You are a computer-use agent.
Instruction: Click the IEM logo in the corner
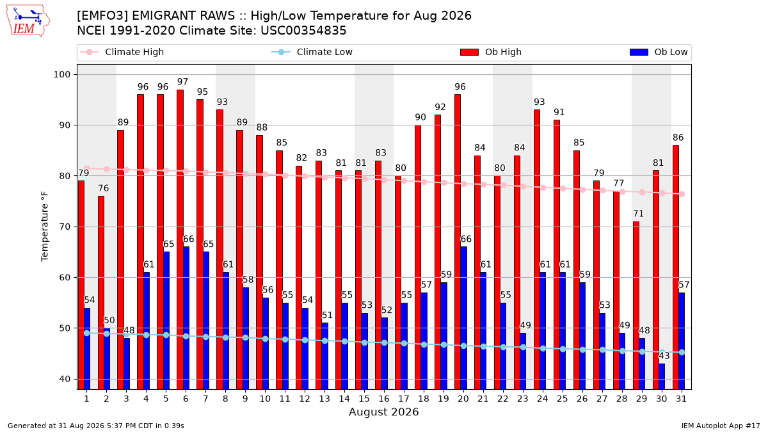[28, 20]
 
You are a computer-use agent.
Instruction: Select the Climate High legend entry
[122, 52]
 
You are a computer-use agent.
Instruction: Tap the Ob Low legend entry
[659, 52]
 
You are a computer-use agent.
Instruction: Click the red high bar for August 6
[180, 239]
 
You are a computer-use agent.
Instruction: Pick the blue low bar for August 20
[463, 318]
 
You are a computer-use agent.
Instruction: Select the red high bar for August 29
[636, 305]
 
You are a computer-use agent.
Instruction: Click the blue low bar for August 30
[662, 376]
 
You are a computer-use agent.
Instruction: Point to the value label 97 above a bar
[183, 82]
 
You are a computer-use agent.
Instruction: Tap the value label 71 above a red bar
[638, 214]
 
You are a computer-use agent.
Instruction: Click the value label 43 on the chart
[664, 356]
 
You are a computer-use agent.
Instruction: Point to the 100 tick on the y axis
[61, 74]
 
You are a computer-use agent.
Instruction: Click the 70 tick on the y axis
[65, 227]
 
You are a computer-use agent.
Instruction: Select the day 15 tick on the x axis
[364, 399]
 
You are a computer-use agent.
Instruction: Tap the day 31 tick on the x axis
[681, 399]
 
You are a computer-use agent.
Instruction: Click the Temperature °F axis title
[45, 227]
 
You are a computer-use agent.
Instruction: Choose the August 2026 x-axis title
[383, 412]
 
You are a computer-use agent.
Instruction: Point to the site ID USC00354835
[303, 31]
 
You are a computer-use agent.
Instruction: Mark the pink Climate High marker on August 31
[682, 194]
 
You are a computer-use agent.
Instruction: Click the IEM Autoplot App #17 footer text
[721, 426]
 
